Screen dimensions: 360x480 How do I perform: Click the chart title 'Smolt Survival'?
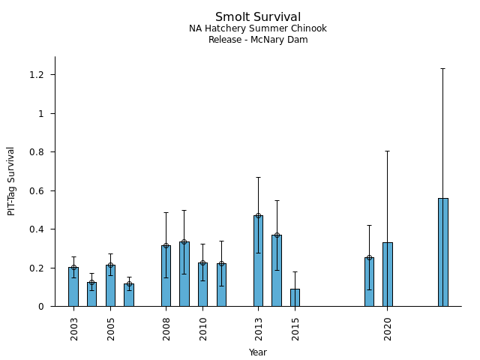pos(258,17)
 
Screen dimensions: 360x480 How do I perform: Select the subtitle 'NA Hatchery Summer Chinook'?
pos(258,28)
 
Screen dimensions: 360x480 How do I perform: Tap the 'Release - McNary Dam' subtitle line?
pos(258,40)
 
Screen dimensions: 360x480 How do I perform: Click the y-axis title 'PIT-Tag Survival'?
pos(11,181)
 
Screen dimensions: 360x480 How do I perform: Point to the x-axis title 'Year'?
pos(258,352)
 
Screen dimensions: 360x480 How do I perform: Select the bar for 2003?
pos(73,286)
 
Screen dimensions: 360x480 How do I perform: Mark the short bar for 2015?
pos(295,298)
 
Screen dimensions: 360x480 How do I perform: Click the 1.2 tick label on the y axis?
pos(37,75)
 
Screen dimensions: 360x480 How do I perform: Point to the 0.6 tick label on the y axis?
pos(37,190)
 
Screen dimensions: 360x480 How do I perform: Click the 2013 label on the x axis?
pos(259,329)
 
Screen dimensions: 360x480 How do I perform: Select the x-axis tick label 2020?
pos(388,329)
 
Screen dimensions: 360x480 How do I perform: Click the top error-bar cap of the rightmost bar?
pos(442,68)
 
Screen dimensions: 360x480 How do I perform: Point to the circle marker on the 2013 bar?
pos(258,216)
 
